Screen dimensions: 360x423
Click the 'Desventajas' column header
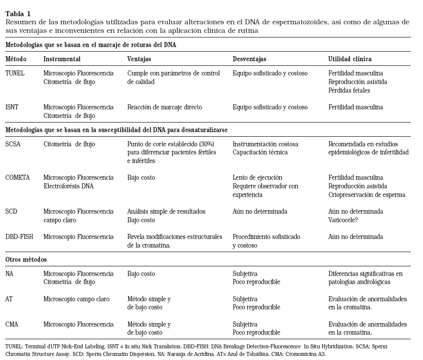click(249, 59)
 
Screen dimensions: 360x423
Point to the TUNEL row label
click(15, 73)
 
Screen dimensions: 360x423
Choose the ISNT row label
click(13, 107)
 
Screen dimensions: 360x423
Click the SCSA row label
click(14, 144)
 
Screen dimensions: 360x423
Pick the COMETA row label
click(18, 178)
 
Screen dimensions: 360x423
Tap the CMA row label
click(12, 324)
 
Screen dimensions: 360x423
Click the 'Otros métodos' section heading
click(26, 259)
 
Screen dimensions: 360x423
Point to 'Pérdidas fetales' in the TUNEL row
click(349, 91)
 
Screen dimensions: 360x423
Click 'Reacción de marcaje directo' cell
click(165, 107)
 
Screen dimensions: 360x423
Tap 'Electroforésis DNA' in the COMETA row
click(69, 186)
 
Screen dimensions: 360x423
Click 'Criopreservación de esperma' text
click(367, 195)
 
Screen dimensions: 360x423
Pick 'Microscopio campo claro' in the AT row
click(76, 299)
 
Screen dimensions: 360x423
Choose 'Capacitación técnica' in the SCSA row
click(260, 152)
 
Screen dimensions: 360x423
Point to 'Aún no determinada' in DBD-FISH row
click(356, 236)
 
